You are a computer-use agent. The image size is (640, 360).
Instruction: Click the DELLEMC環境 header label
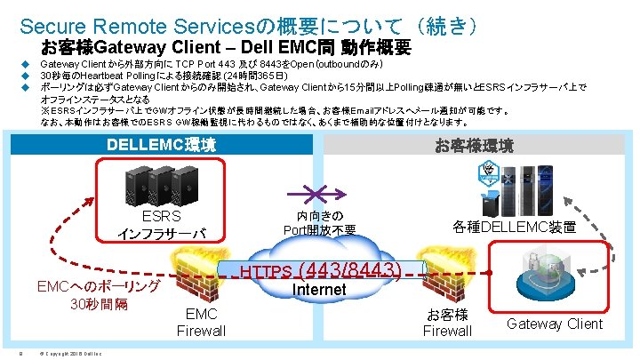(161, 145)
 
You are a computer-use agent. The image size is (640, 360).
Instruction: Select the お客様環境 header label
(474, 145)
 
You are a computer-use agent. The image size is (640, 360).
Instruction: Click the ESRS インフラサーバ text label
(162, 226)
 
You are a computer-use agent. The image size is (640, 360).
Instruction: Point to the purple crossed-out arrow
(319, 194)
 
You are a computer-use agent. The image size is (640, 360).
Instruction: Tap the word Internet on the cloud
(319, 290)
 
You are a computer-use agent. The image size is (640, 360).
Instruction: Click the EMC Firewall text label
(201, 323)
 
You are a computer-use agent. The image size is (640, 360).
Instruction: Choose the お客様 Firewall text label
(447, 323)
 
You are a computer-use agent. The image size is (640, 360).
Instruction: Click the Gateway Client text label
(555, 324)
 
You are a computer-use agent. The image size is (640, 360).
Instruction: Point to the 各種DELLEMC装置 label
(526, 228)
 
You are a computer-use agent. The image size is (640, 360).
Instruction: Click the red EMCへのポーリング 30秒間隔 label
(98, 295)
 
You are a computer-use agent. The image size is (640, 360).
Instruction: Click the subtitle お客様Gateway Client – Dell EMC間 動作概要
(226, 47)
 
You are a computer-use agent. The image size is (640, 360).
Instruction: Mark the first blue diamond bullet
(28, 65)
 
